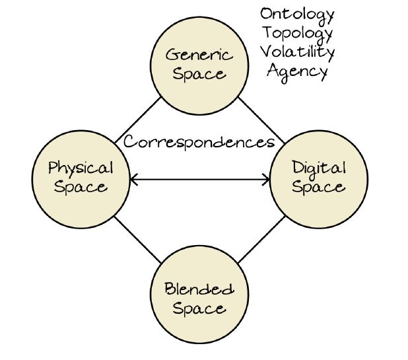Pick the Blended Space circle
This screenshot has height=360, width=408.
pyautogui.click(x=199, y=297)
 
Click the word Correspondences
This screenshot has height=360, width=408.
pyautogui.click(x=199, y=141)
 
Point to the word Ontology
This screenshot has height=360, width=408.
pyautogui.click(x=297, y=14)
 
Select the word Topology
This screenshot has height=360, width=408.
pyautogui.click(x=297, y=32)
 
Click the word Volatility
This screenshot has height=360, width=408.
pyautogui.click(x=297, y=52)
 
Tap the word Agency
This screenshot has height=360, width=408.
pyautogui.click(x=297, y=70)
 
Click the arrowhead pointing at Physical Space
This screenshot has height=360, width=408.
pyautogui.click(x=133, y=178)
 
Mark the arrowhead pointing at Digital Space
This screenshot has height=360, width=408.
pyautogui.click(x=267, y=178)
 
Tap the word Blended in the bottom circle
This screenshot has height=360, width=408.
pyautogui.click(x=199, y=289)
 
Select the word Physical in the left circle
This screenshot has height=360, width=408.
pyautogui.click(x=81, y=168)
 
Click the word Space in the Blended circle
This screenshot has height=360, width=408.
pyautogui.click(x=199, y=308)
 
